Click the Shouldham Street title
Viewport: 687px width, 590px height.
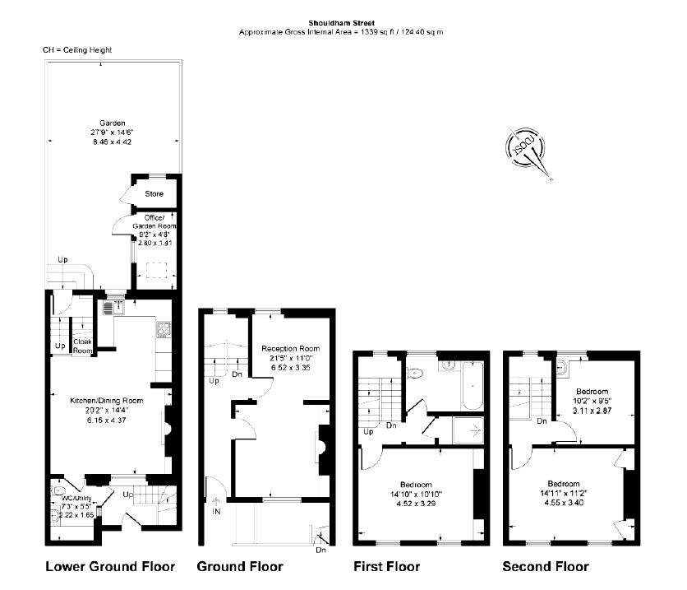[x=341, y=23]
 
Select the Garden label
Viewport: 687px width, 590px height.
[x=112, y=123]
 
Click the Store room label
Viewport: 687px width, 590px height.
[x=154, y=193]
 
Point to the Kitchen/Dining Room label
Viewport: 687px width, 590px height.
[x=107, y=401]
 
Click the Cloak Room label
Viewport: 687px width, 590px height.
[x=82, y=346]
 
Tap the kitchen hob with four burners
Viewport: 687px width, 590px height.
[x=164, y=329]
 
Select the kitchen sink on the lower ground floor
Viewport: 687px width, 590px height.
[x=114, y=307]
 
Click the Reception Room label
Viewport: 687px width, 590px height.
[x=290, y=349]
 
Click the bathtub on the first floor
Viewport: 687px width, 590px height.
[x=472, y=386]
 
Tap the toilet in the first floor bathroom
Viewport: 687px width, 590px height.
[x=414, y=374]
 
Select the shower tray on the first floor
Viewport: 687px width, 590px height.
[x=468, y=430]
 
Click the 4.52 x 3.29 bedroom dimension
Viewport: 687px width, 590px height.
[x=416, y=504]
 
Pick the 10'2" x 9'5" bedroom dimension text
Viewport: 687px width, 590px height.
[x=592, y=401]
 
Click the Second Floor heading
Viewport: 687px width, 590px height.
[x=546, y=567]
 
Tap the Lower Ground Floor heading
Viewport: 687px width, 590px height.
[x=110, y=567]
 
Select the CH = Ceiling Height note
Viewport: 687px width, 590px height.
[x=77, y=50]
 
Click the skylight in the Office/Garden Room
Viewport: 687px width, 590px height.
[x=156, y=270]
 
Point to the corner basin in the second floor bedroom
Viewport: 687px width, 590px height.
[x=561, y=367]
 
